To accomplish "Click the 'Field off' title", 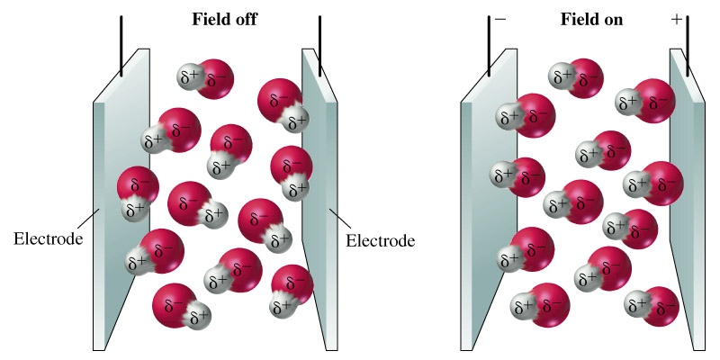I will tap(224, 19).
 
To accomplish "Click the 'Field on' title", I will tap(586, 19).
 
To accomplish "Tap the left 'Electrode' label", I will tap(49, 240).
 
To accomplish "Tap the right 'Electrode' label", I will tap(381, 241).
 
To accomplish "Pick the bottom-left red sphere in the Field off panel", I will tap(173, 303).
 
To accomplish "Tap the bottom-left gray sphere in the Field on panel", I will tap(522, 306).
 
